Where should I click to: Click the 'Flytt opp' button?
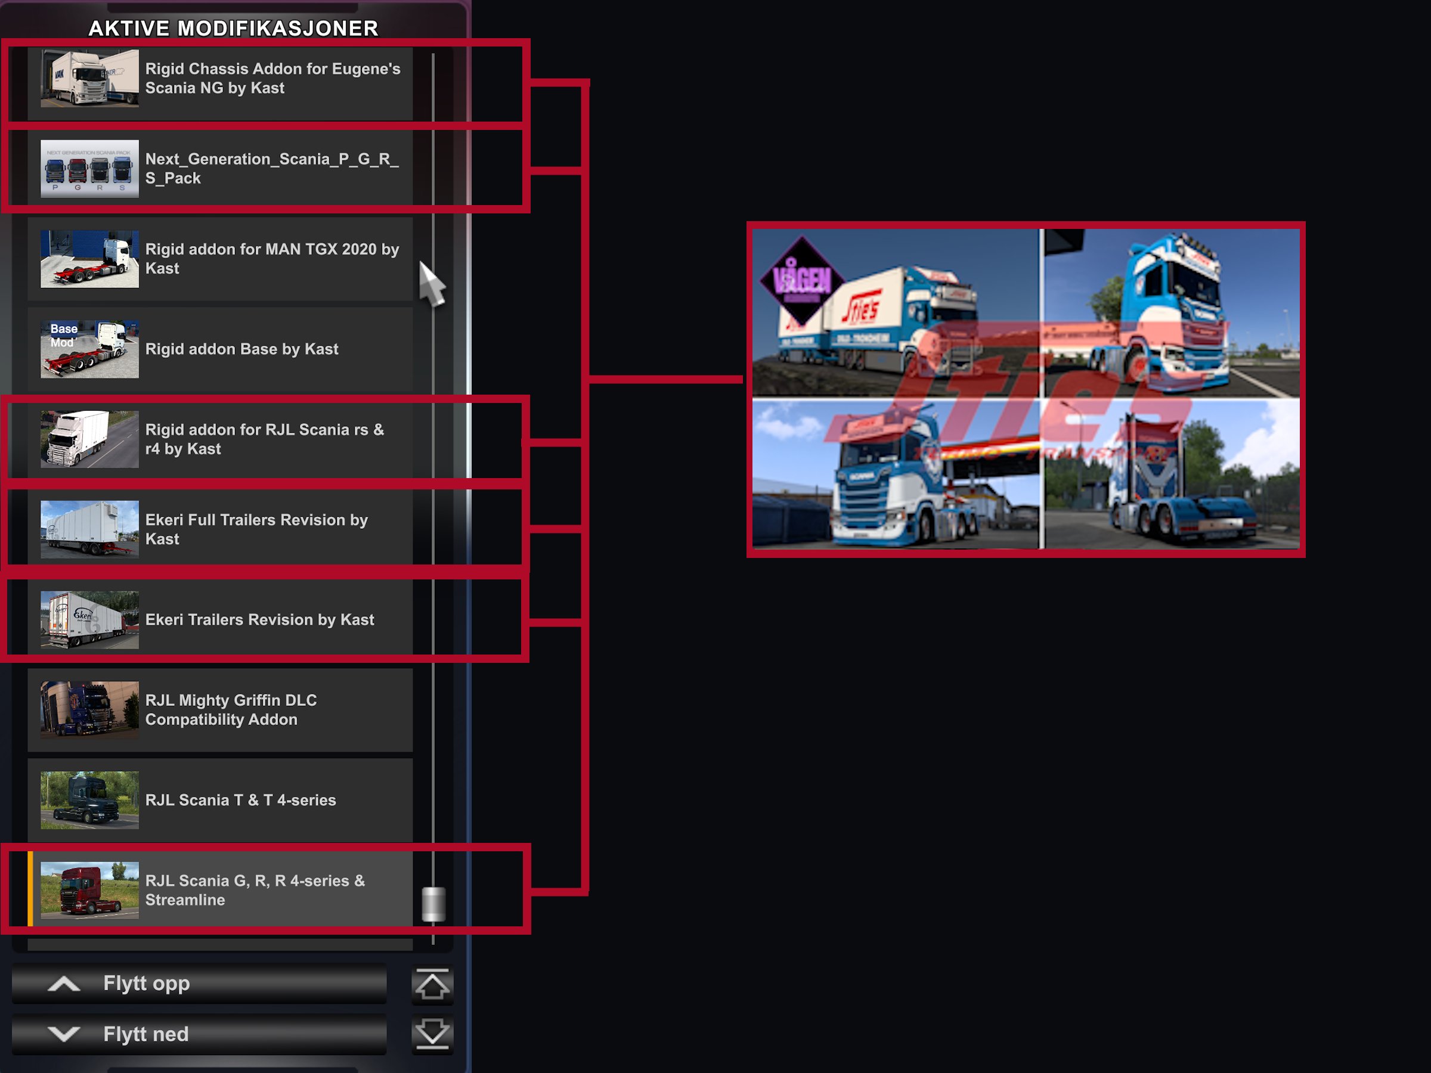pos(199,984)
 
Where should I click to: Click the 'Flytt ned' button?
pos(199,1034)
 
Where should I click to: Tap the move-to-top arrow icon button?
pos(432,985)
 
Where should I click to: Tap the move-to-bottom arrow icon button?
pos(432,1034)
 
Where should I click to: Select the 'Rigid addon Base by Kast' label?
pos(241,349)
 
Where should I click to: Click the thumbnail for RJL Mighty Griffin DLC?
pos(89,709)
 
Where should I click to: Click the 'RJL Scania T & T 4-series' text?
pos(240,800)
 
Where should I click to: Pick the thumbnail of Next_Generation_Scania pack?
pos(89,169)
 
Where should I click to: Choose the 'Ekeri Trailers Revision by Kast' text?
pos(259,619)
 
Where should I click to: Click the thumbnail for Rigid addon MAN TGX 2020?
pos(89,259)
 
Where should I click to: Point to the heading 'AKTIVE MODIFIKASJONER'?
pos(233,29)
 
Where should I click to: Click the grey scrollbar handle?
pos(433,904)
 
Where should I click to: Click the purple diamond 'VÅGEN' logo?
pos(802,281)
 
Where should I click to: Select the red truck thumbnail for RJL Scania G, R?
pos(89,890)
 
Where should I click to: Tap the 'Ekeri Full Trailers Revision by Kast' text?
pos(256,529)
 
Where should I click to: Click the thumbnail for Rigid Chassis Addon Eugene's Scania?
pos(89,78)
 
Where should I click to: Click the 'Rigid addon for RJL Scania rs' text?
pos(264,439)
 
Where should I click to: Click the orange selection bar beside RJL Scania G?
pos(30,889)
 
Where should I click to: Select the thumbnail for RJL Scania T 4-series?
pos(89,800)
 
